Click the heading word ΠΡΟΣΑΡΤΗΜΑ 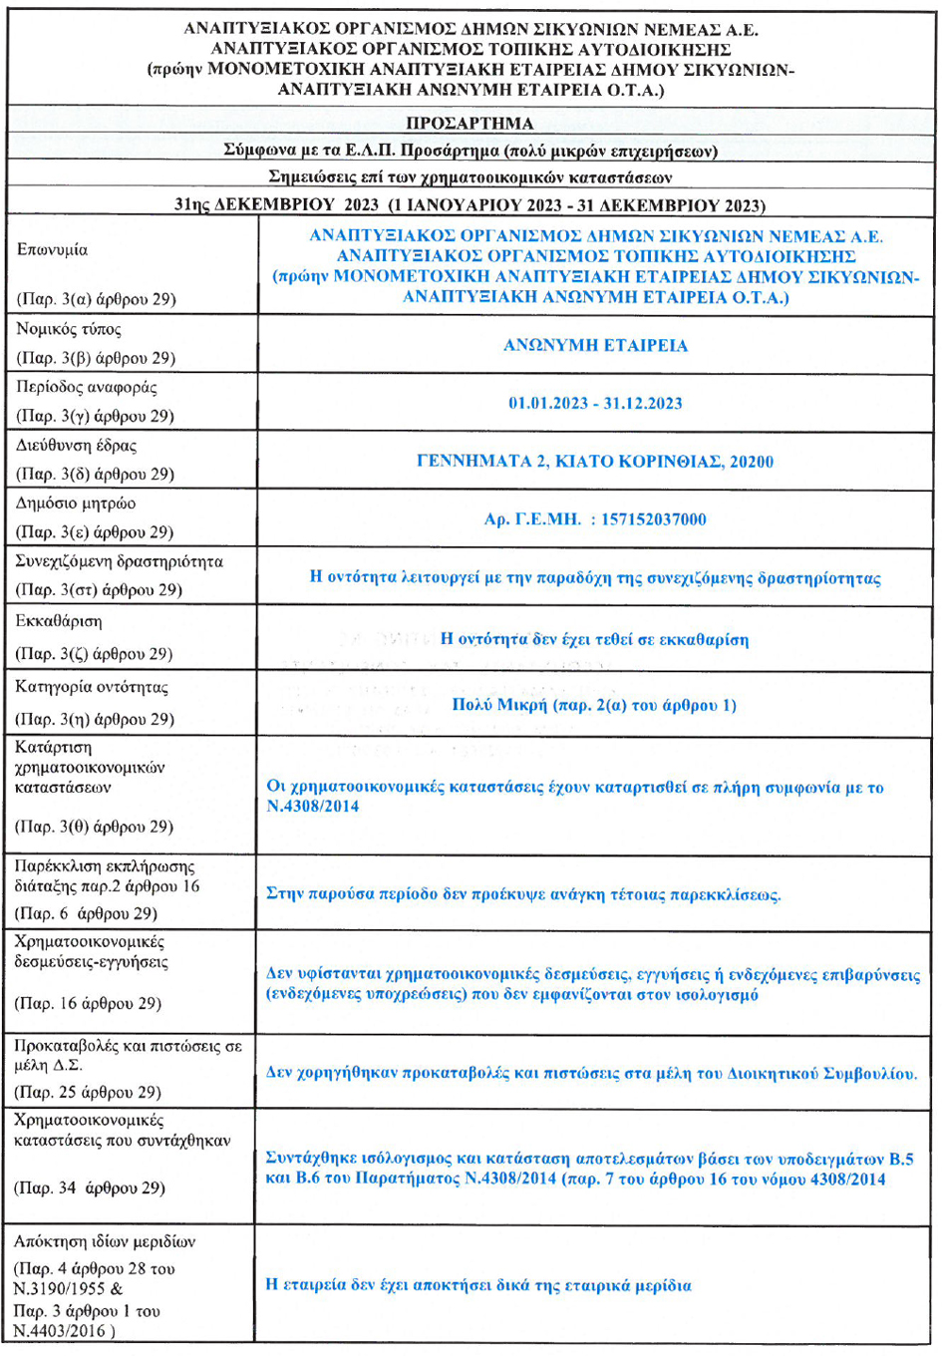tap(470, 124)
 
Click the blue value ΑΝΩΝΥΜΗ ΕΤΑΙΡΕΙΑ tap(595, 345)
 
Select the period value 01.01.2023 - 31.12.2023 tap(595, 403)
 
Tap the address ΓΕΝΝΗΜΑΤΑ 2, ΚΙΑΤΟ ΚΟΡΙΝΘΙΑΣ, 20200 tap(595, 461)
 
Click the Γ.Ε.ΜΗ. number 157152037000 tap(653, 518)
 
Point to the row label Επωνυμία tap(52, 250)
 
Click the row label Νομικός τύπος tap(69, 329)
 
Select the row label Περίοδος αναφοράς tap(87, 387)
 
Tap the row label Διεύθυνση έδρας tap(77, 445)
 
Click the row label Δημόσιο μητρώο tap(76, 503)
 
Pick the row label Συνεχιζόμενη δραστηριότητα tap(120, 561)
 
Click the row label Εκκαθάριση tap(58, 621)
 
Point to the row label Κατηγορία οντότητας tap(92, 687)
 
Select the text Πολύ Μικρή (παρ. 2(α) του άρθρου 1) tap(594, 705)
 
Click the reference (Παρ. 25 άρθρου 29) tap(88, 1092)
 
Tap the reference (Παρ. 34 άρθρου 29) tap(90, 1187)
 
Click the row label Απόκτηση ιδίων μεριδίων tap(105, 1241)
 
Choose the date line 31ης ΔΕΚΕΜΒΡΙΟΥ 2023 tap(276, 205)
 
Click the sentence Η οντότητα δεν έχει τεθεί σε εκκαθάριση tap(594, 639)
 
